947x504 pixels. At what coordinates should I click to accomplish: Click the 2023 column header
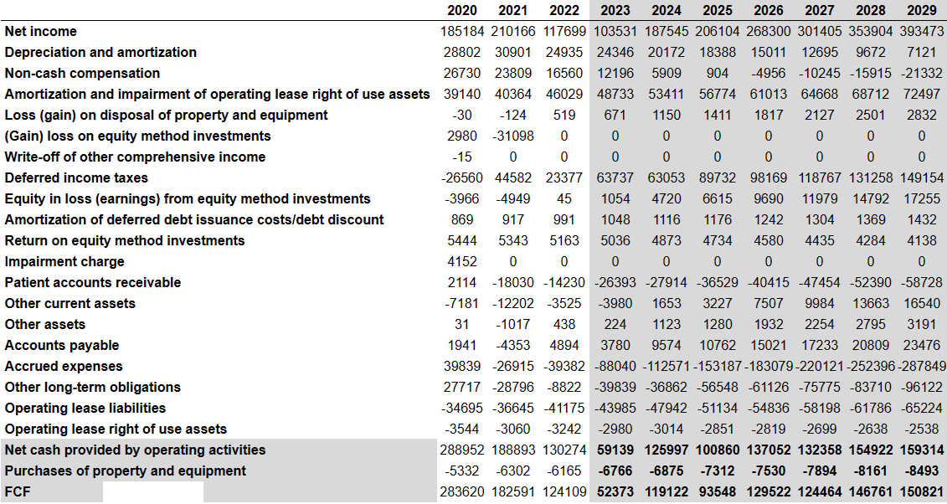615,10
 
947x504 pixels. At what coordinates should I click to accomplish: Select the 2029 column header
922,10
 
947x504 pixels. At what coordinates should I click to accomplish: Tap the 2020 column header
462,10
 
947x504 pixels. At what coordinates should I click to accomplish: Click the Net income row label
41,31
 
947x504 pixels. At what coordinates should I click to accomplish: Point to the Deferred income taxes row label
76,178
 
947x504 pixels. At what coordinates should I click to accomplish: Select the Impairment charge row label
64,262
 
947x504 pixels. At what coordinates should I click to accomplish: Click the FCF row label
18,492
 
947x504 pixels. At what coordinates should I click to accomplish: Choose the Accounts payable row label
62,346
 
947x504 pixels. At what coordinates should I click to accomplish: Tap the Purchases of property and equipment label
126,471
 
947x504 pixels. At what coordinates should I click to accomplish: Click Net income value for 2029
922,31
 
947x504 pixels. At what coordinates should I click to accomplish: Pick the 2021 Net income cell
512,31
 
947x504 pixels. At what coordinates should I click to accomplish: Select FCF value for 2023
615,492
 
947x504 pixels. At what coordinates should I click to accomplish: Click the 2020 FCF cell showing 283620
462,492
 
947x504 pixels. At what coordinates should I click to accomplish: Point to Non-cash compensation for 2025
718,73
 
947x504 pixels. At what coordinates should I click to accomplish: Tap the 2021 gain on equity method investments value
512,136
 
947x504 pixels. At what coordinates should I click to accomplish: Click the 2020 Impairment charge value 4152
462,262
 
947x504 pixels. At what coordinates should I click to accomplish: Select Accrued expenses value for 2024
667,367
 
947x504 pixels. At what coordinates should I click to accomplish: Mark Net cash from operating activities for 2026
768,450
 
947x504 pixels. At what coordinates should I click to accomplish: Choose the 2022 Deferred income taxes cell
564,178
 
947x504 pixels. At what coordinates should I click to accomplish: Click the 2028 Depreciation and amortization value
870,53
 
